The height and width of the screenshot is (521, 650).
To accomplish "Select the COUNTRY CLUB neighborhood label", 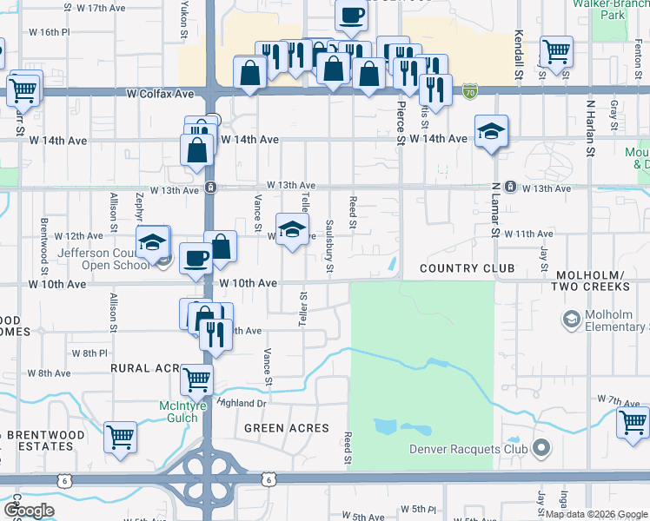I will [x=467, y=268].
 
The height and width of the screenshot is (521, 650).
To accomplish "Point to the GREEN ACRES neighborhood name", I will [x=286, y=428].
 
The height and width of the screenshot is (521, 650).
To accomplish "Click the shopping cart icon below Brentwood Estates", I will [x=119, y=436].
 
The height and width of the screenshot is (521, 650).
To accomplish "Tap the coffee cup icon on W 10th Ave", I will [x=195, y=258].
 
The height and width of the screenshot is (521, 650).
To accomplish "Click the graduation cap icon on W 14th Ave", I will [x=491, y=131].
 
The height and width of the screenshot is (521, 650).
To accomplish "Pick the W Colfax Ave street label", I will [x=160, y=93].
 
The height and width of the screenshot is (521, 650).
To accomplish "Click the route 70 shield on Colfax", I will [x=470, y=90].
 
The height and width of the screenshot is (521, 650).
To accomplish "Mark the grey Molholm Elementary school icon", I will [x=571, y=320].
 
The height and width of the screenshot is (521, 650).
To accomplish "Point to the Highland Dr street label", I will [x=243, y=403].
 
